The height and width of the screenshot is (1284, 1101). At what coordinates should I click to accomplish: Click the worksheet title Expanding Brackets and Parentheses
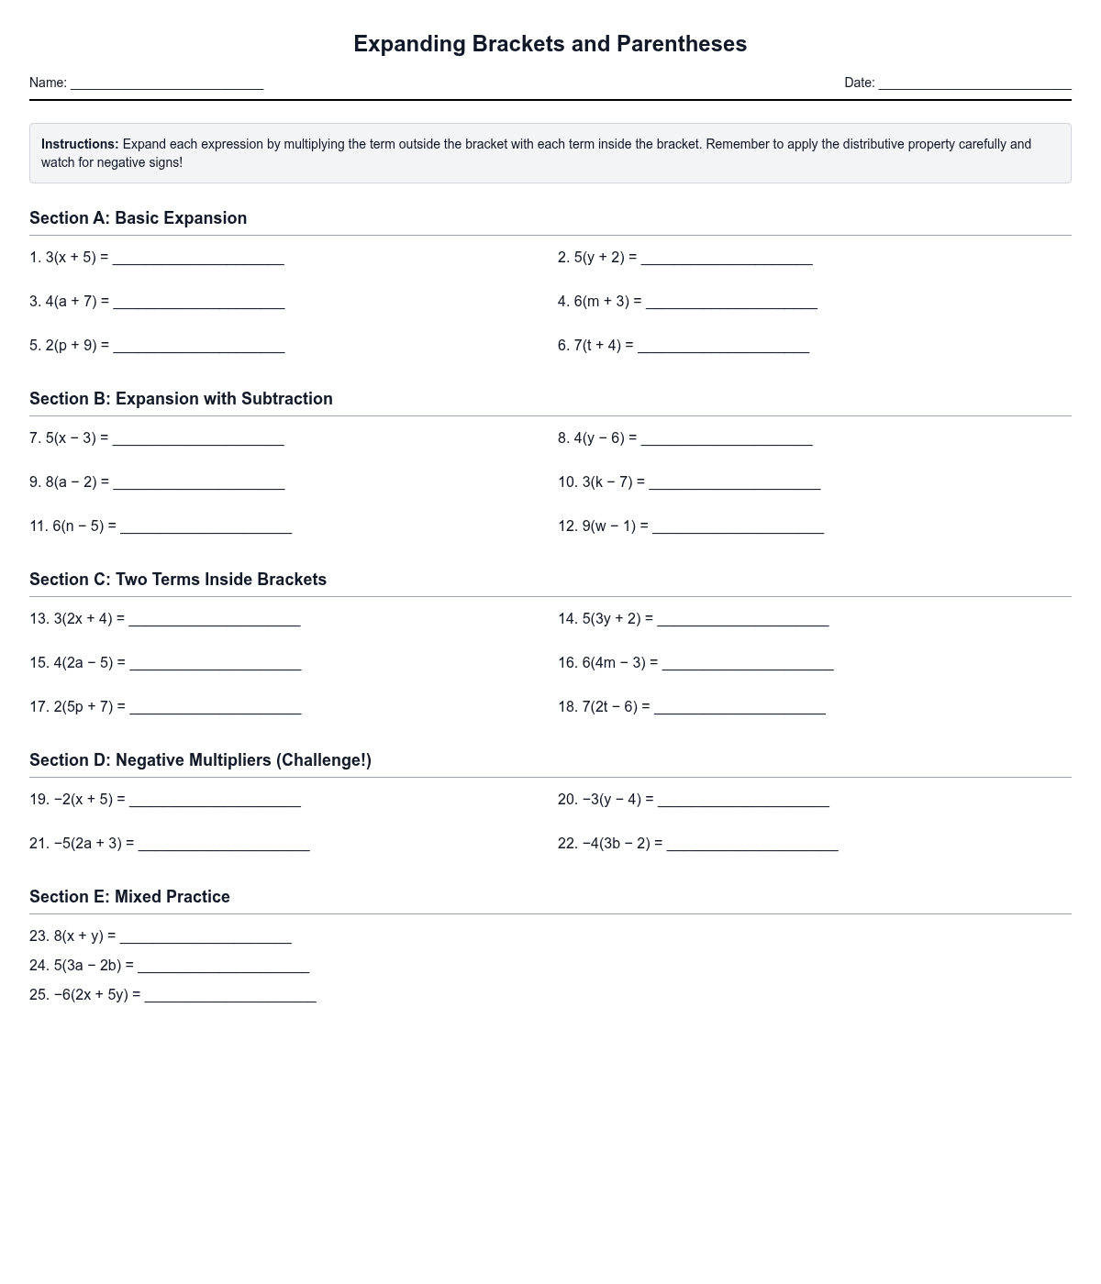pos(550,44)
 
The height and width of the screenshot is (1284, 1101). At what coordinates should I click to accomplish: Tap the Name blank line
pos(167,84)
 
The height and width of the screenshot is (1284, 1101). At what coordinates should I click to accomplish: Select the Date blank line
pos(974,84)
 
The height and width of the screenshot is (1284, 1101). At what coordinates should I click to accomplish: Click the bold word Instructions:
pos(80,144)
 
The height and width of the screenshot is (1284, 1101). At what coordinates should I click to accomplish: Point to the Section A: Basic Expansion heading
pos(138,218)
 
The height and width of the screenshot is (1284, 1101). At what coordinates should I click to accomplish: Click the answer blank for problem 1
pos(198,260)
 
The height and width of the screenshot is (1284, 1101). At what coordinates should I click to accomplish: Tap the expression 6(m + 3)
pos(602,301)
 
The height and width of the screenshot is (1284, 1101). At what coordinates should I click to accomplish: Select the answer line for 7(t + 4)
pos(723,348)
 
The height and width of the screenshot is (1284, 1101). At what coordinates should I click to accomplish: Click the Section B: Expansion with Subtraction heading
pos(181,399)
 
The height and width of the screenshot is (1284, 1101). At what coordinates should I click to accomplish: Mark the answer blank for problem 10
pos(734,484)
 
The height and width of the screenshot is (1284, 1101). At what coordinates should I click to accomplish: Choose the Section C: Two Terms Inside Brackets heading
pos(178,580)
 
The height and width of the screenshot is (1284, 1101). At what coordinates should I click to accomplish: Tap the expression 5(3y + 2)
pos(612,619)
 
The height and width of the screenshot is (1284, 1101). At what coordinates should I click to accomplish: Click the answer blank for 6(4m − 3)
pos(748,665)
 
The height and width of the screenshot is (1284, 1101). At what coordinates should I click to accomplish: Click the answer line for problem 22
pos(752,846)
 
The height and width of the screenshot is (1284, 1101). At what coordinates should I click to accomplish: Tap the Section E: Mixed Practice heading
pos(129,897)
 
